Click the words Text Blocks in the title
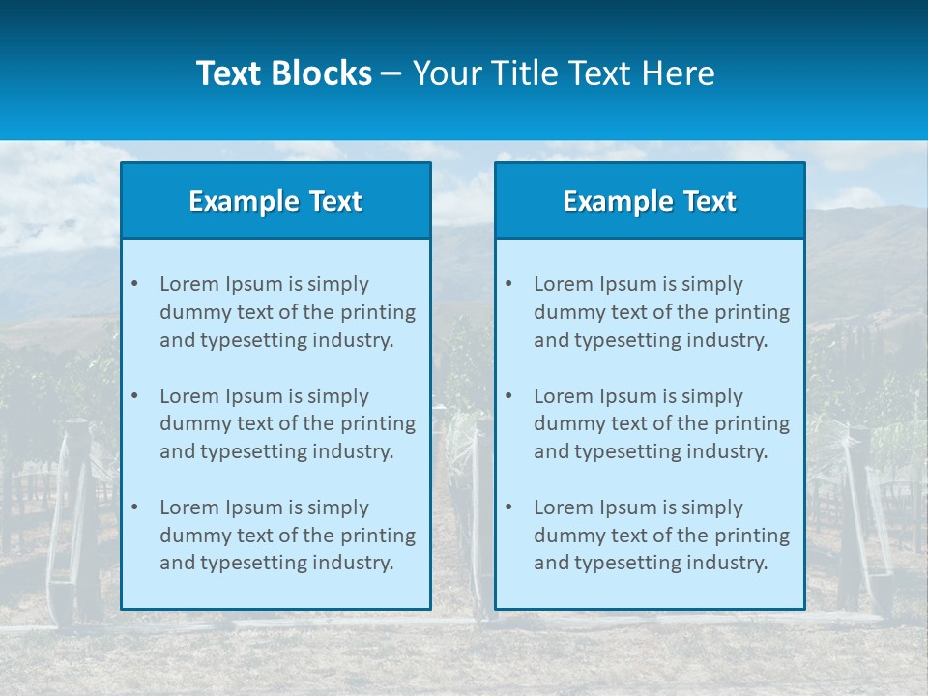click(x=283, y=73)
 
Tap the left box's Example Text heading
click(x=275, y=201)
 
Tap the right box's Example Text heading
click(x=650, y=201)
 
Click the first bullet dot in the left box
click(x=134, y=284)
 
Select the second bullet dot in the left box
click(x=134, y=396)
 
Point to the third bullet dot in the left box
click(x=134, y=507)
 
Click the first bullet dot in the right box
click(x=508, y=284)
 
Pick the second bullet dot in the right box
click(x=508, y=396)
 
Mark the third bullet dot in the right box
click(x=508, y=507)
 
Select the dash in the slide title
click(x=392, y=73)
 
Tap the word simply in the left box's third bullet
click(x=336, y=507)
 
